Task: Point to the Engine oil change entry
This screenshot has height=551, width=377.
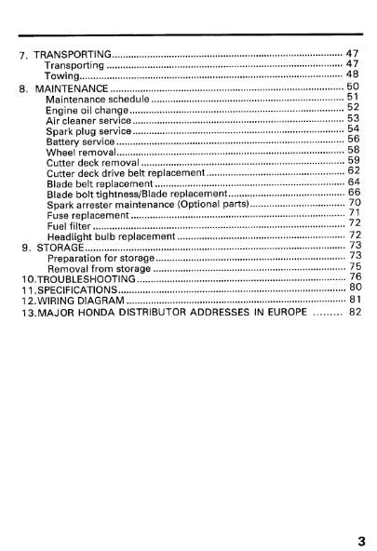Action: pyautogui.click(x=88, y=109)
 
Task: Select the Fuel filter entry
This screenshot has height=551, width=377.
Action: pyautogui.click(x=68, y=225)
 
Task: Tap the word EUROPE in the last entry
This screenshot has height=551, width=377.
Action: pyautogui.click(x=288, y=312)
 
